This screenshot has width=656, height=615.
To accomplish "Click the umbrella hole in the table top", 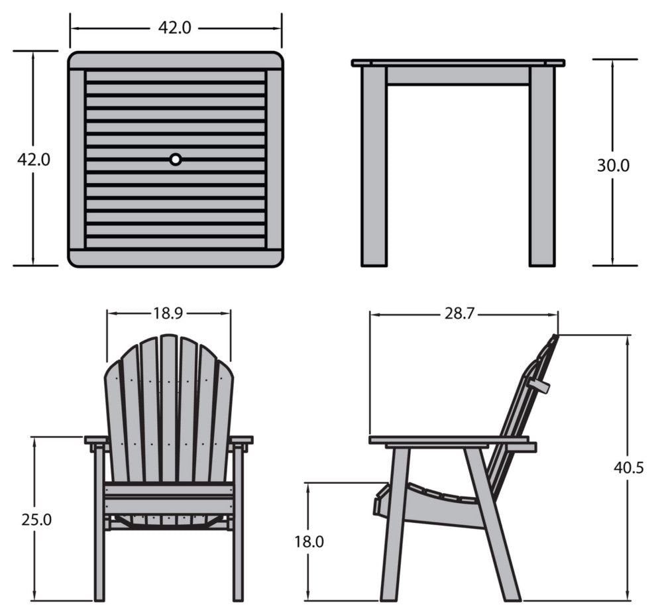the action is point(176,160).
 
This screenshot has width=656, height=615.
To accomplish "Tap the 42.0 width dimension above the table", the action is point(174,28).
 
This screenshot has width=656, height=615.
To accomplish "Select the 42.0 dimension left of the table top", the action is point(34,160).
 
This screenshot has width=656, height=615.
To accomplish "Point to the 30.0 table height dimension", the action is point(613,166).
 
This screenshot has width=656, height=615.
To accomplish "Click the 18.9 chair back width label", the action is point(168,313).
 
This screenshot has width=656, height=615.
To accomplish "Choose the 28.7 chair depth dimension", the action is point(459,313).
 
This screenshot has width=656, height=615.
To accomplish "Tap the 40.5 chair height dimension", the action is point(628,468).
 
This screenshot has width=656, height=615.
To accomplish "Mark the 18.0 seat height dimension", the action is point(309,542).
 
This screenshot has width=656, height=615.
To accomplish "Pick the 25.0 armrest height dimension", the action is point(36,520).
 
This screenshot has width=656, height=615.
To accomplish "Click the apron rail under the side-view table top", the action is point(458,76).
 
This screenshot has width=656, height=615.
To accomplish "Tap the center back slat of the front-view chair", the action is point(169,408).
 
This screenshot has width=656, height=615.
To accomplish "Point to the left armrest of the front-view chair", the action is point(97,440).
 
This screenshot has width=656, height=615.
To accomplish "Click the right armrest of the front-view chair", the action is point(241,440).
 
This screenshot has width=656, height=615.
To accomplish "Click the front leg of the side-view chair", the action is point(395,524).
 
